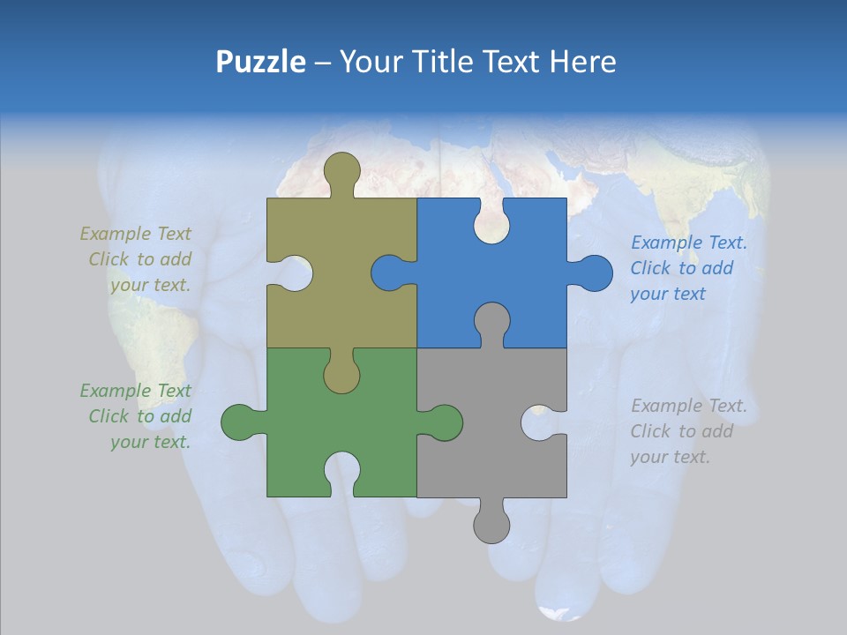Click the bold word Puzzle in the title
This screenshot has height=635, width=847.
click(x=260, y=63)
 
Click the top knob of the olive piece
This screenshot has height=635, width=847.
click(x=341, y=172)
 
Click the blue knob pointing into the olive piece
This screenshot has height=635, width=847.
click(x=389, y=273)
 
